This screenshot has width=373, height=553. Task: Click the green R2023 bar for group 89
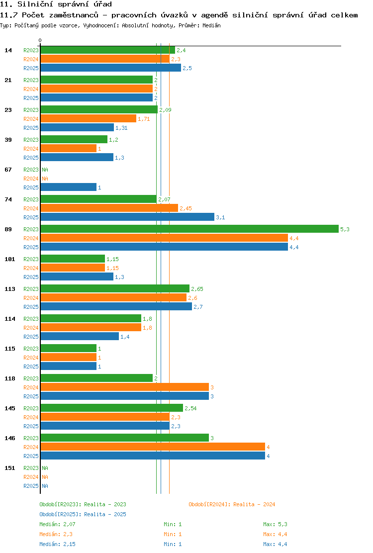coord(189,229)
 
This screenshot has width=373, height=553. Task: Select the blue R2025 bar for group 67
coord(69,187)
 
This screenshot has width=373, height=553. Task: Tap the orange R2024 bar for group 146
coord(153,447)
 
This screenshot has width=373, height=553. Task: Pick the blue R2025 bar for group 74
coord(127,217)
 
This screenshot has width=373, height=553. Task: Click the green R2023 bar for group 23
coord(99,110)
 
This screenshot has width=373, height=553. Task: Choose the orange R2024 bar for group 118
coord(125,387)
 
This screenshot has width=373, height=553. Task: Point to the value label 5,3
coord(345,229)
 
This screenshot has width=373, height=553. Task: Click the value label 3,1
coord(220,217)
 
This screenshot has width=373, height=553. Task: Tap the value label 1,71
coord(144,119)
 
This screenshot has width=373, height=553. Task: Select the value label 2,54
coord(191,408)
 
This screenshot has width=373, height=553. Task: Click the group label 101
coord(10,259)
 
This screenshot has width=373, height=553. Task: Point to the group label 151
coord(10,468)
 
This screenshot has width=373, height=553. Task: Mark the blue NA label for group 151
coord(45,486)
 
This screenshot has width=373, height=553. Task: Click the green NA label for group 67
coord(45,170)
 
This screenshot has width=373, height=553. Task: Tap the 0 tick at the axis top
coord(40,41)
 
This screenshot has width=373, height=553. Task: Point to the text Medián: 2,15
coord(58,544)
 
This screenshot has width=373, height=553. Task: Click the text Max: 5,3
coord(276,525)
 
